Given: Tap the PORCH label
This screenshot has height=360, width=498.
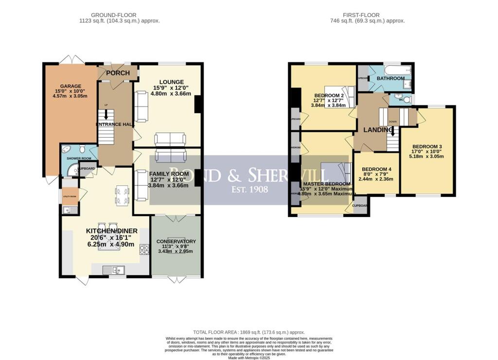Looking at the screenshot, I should coord(118,73).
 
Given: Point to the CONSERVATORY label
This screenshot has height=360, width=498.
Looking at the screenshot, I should coord(176,241).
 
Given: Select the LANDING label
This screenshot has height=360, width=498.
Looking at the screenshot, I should coord(378,130).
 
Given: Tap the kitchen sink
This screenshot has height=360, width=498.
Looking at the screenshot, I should coord(114,269).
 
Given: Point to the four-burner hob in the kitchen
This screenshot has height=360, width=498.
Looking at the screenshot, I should coord(144,250).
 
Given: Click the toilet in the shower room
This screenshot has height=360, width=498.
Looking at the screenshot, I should coord(83,148).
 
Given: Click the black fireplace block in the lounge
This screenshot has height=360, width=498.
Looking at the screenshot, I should coord(197,105).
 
